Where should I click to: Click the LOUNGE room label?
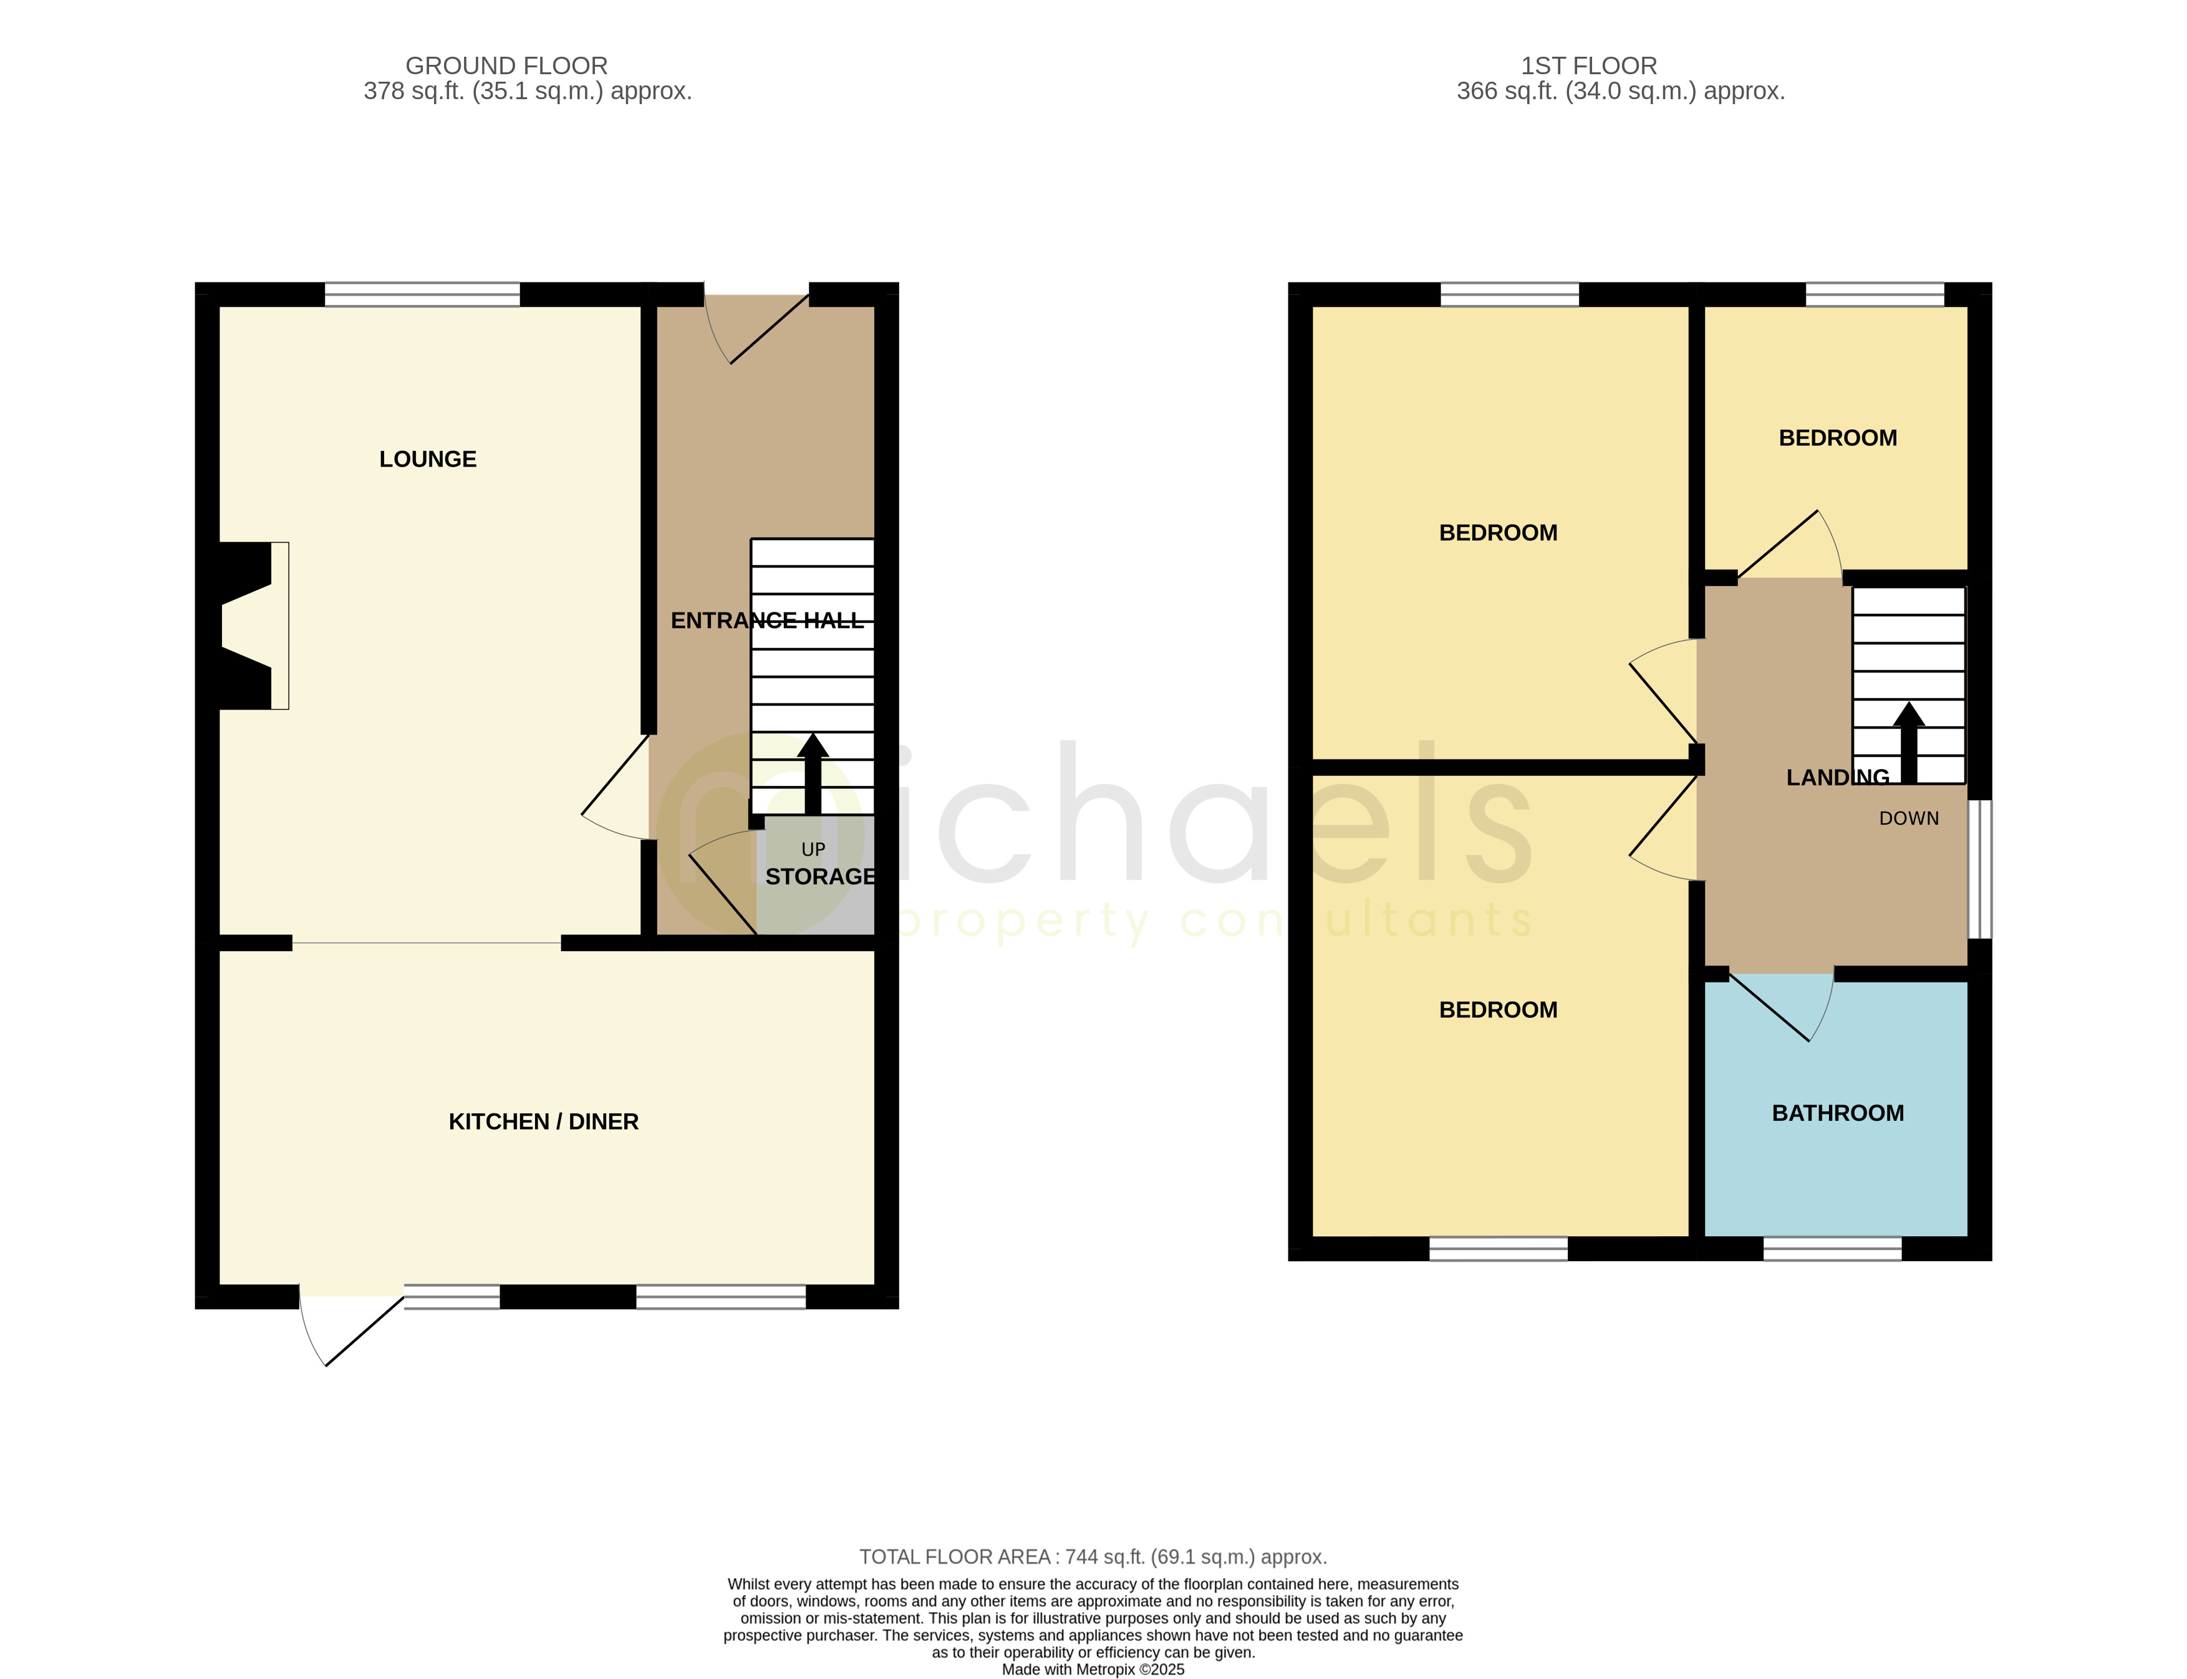(428, 458)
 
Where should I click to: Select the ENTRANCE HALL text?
(766, 621)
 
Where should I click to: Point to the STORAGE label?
(819, 876)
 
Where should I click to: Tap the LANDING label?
(1837, 778)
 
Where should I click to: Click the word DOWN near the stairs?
(1908, 818)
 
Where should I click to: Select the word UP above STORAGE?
(813, 849)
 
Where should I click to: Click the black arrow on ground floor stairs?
(813, 775)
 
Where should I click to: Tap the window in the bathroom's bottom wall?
(1832, 1248)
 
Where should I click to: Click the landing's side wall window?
(1979, 868)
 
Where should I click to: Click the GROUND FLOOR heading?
(506, 66)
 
